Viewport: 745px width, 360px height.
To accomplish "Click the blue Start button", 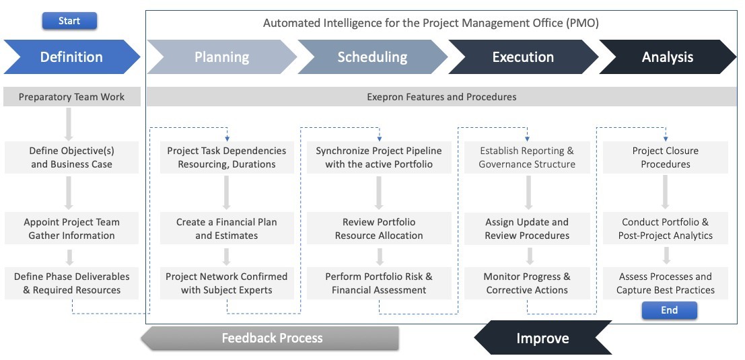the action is (x=69, y=21).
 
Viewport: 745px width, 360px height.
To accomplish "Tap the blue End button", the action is (x=670, y=310).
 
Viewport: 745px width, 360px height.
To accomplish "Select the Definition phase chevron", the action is (x=72, y=57).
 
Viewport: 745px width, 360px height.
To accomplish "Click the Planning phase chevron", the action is (x=221, y=57).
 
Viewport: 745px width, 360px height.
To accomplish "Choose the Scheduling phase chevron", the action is (x=373, y=57).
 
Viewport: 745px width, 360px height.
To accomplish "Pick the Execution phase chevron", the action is (x=523, y=57).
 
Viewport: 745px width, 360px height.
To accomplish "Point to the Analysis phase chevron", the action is (x=668, y=57).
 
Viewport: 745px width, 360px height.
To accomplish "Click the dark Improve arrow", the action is (x=542, y=338).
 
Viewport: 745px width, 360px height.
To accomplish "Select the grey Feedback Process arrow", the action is (x=270, y=338).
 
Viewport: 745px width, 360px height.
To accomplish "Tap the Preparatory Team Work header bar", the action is (x=72, y=97).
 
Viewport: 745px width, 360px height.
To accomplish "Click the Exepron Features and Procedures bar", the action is (x=442, y=97).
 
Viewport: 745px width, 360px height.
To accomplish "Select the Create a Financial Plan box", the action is (x=227, y=228).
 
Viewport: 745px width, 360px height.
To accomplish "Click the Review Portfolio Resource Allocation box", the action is (x=379, y=228).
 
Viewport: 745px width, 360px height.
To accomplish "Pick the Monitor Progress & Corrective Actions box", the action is (x=527, y=283).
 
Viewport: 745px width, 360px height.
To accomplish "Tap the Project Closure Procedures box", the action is (x=665, y=157).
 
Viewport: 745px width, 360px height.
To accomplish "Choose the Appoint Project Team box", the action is (x=72, y=228).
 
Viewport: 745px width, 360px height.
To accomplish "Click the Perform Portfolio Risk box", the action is (x=379, y=283).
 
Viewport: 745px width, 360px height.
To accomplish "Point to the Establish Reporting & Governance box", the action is (x=527, y=157).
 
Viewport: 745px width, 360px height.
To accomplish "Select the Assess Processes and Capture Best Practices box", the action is (x=665, y=283).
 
